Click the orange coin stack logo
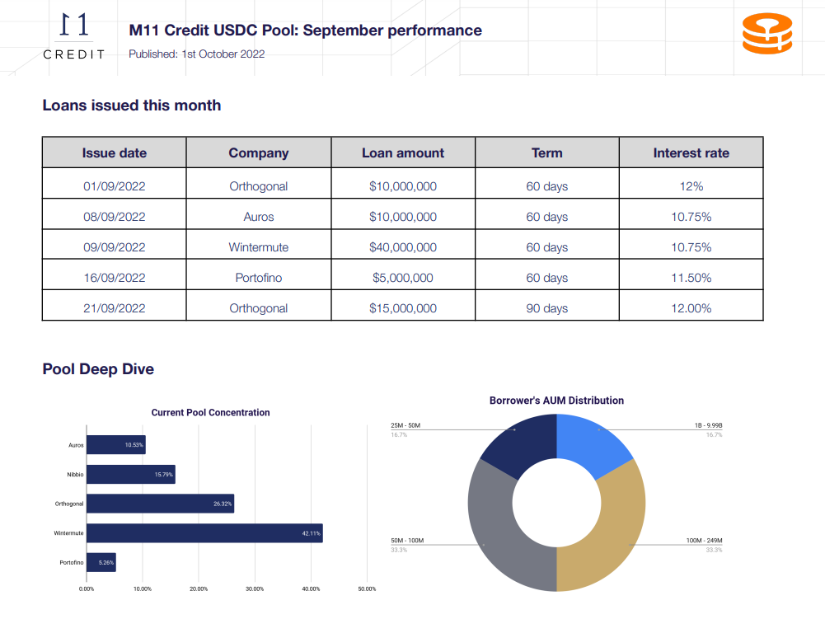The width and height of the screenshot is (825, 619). tap(767, 33)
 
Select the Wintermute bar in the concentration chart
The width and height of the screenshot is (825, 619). tap(204, 533)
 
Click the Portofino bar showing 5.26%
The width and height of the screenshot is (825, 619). tap(101, 562)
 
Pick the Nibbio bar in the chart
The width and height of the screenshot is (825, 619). tap(131, 474)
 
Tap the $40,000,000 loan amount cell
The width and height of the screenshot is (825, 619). tap(403, 247)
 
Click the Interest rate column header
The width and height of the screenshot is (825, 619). tap(691, 152)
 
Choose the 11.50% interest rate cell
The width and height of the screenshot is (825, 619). tap(691, 278)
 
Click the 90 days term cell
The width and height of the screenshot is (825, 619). tap(547, 308)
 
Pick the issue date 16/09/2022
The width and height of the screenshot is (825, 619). tap(115, 278)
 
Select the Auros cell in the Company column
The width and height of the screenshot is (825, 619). tap(258, 217)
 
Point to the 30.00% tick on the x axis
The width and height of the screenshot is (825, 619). tap(255, 589)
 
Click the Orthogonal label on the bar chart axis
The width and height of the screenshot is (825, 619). tap(69, 504)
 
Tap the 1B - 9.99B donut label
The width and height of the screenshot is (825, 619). tap(708, 425)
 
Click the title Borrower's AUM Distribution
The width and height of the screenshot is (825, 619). tap(556, 401)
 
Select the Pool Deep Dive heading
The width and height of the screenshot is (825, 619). tap(98, 369)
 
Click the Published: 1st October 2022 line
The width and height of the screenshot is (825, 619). tap(197, 54)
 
